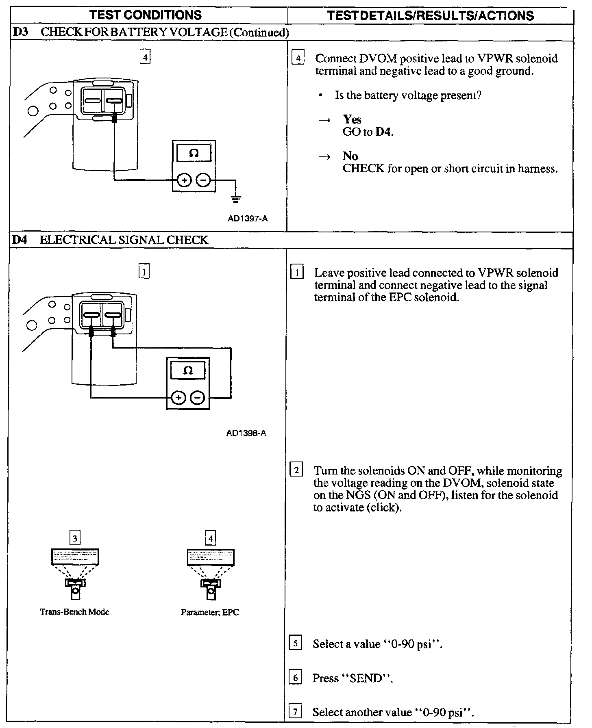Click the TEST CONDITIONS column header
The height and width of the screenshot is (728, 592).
tap(145, 15)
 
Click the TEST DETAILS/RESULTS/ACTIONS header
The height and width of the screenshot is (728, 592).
tap(431, 15)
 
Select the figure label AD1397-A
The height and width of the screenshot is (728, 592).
tap(248, 219)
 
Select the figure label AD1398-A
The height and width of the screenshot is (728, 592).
tap(246, 433)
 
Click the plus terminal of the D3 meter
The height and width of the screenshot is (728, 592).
tap(184, 180)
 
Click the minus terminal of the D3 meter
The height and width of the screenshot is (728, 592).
tap(204, 180)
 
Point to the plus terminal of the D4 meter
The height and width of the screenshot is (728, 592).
tap(178, 398)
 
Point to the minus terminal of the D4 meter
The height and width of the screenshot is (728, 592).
tap(198, 398)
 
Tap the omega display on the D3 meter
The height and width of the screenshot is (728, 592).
tap(194, 154)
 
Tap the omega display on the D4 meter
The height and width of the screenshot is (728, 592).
tap(188, 371)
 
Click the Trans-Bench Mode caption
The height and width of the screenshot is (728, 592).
tap(75, 612)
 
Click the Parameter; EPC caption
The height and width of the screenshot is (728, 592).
tap(210, 612)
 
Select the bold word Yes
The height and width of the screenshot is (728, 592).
tap(352, 119)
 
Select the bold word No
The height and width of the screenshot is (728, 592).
tap(350, 156)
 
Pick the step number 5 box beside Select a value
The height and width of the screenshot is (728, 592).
tap(295, 644)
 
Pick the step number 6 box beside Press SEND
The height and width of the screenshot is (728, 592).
tap(295, 678)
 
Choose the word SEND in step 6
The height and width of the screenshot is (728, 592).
tap(367, 678)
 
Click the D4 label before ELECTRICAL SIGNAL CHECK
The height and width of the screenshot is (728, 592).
tap(19, 240)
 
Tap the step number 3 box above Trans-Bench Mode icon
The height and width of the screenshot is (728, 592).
tap(75, 539)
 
